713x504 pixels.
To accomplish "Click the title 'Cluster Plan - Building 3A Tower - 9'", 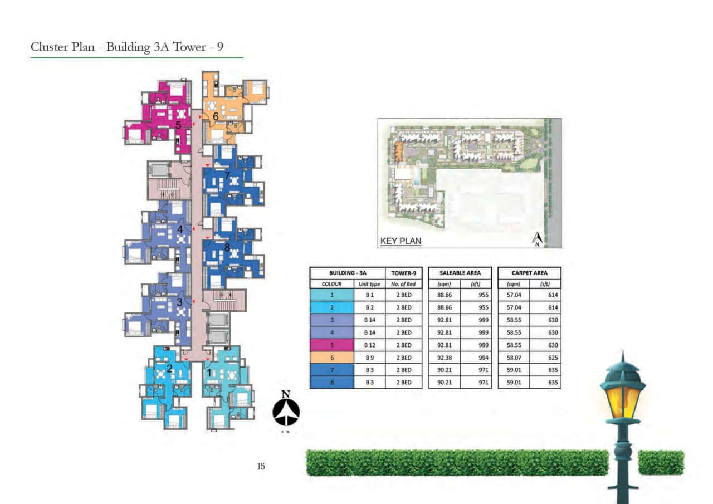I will pos(127,47).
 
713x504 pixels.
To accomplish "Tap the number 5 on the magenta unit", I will pos(178,125).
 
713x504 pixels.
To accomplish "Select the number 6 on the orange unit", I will pos(215,116).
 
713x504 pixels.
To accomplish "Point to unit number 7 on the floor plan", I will pos(227,176).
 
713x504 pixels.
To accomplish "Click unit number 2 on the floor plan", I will pos(169,368).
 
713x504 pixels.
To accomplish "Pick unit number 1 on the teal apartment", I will pos(209,372).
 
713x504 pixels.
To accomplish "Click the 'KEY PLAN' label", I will pos(401,241).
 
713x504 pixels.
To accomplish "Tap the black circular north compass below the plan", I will pos(286,412).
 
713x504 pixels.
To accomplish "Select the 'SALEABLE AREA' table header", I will pos(460,273).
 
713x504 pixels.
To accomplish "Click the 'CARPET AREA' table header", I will pos(529,273).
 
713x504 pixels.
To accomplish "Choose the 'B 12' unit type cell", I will pos(369,345).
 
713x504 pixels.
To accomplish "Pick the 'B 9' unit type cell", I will pos(369,358).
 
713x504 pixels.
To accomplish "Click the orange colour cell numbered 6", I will pos(331,358).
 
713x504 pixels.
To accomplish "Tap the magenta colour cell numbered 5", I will pos(331,345).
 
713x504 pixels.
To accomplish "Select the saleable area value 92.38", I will pos(443,358).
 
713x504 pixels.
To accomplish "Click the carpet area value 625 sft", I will pos(553,358).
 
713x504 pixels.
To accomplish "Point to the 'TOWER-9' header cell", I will pos(403,273).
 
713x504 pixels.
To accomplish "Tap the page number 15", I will pos(261,466).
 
